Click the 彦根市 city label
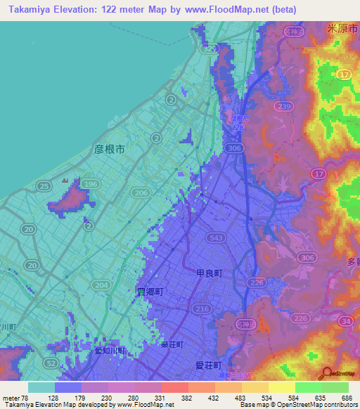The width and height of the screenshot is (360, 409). (109, 149)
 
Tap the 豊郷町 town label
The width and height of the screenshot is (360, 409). (149, 290)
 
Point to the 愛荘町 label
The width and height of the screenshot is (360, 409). (209, 365)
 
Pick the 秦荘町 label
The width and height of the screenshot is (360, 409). (172, 345)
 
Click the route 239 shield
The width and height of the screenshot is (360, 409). (283, 106)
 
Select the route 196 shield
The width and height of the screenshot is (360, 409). (89, 184)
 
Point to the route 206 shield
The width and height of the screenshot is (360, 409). (141, 192)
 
